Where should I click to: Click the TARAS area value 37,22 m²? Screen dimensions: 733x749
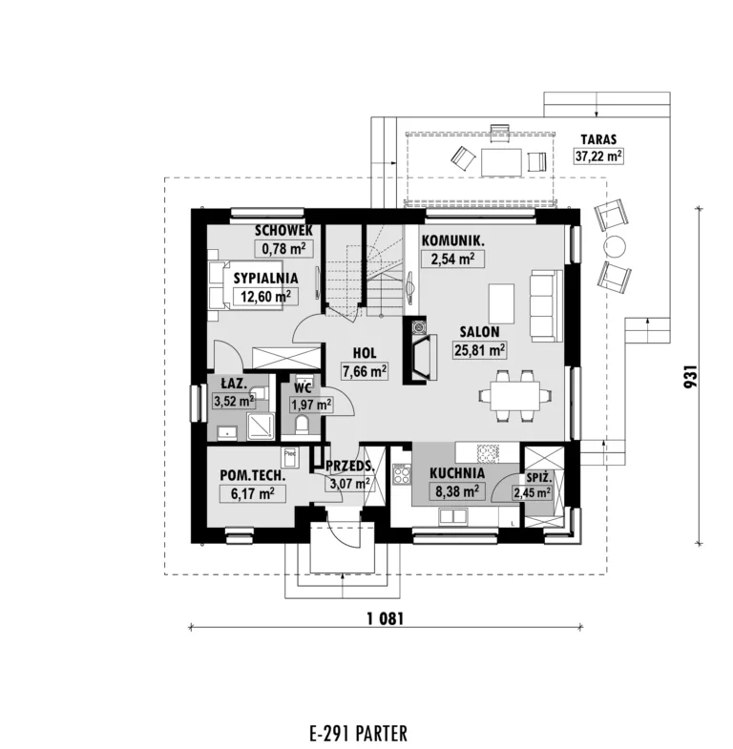click(598, 156)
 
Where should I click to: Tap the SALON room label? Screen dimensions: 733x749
click(479, 331)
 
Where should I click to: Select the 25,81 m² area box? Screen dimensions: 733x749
click(480, 350)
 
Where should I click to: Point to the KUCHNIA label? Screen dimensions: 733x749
click(457, 473)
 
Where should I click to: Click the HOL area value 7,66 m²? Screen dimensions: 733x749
click(364, 371)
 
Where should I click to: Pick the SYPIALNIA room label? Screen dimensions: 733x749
click(265, 278)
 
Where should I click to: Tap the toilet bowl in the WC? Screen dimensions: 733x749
click(302, 425)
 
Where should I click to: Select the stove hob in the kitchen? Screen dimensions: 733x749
click(402, 474)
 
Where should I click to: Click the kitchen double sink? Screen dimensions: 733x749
click(452, 516)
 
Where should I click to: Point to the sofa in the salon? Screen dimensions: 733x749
click(547, 305)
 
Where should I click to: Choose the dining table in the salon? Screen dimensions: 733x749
click(515, 396)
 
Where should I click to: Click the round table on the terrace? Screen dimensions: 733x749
click(615, 247)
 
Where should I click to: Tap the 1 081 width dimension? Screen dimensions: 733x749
click(386, 619)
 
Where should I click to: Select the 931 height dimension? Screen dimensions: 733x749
click(691, 377)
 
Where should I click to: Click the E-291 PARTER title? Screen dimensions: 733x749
click(358, 733)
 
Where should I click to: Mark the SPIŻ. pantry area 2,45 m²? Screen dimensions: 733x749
click(532, 492)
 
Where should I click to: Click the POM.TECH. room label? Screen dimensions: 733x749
click(253, 476)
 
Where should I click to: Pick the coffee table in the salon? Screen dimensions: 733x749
click(501, 303)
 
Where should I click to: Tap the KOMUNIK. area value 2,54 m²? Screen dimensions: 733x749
click(452, 259)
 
